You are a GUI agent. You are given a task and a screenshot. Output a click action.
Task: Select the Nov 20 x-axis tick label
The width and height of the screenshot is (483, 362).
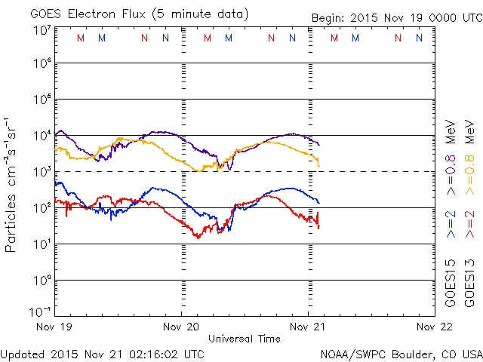point(182,327)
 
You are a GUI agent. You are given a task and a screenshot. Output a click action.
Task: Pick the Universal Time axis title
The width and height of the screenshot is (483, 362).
point(245,339)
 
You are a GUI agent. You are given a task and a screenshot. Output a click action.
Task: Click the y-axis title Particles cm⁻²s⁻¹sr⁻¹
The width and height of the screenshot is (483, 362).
point(11,185)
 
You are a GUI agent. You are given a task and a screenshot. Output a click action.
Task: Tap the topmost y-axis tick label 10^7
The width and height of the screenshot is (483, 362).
point(42,30)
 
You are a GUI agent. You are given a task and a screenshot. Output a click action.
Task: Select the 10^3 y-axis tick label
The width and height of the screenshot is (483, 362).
point(42,171)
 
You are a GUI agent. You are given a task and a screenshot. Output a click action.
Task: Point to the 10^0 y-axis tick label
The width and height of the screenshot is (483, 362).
point(42,280)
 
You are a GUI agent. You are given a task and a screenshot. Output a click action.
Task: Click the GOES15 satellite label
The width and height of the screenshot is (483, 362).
point(451,285)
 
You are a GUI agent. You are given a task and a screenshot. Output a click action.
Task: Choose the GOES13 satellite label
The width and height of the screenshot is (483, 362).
point(469,285)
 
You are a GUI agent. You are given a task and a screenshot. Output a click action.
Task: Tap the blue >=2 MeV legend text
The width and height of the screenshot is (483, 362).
point(451,223)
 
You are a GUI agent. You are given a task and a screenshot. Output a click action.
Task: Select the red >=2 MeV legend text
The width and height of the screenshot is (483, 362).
point(469,223)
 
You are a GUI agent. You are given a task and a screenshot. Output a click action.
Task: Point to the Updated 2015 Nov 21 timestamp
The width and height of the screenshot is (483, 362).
point(102,353)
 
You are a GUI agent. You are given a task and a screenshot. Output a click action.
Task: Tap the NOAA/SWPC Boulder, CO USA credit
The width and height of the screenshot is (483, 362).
point(401,353)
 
